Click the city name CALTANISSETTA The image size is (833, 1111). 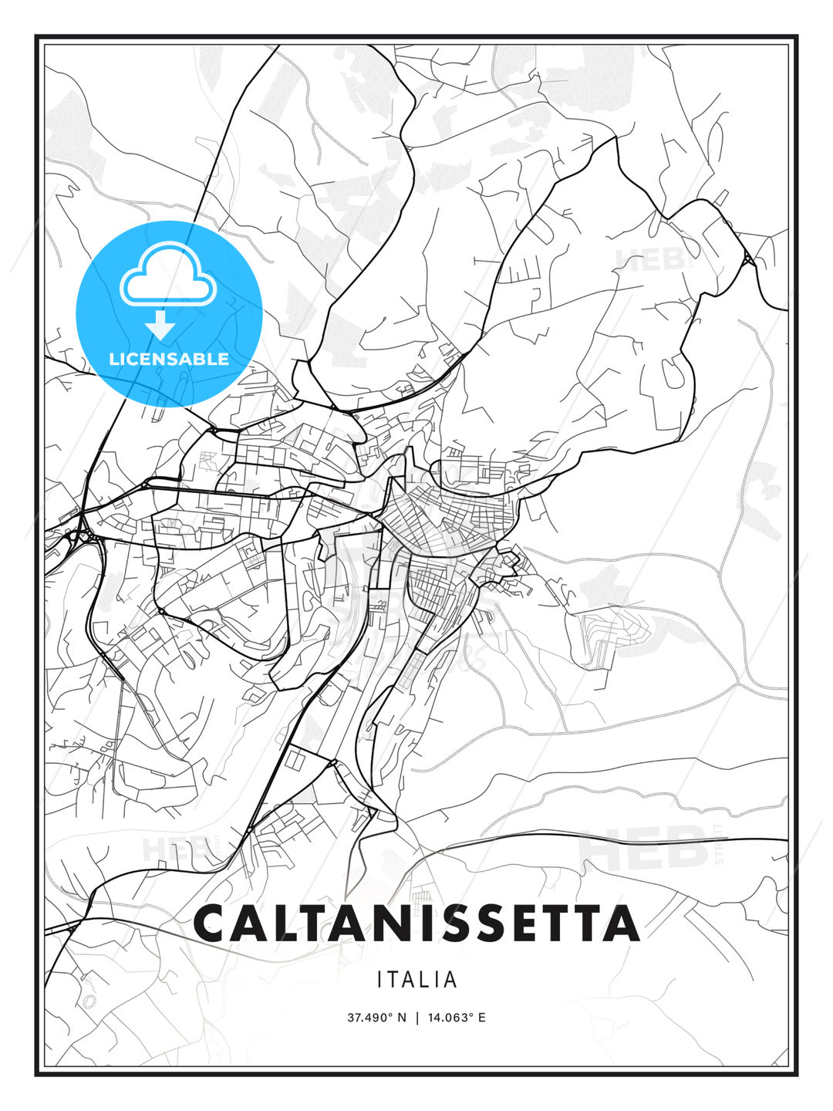tap(416, 924)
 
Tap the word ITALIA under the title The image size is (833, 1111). tap(416, 980)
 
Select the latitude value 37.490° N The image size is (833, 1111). tap(376, 1018)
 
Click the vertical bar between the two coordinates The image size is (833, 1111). tap(416, 1018)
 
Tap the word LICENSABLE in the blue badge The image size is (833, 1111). tap(169, 359)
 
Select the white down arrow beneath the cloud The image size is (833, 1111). tap(160, 325)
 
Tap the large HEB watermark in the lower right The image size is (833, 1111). tap(644, 846)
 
